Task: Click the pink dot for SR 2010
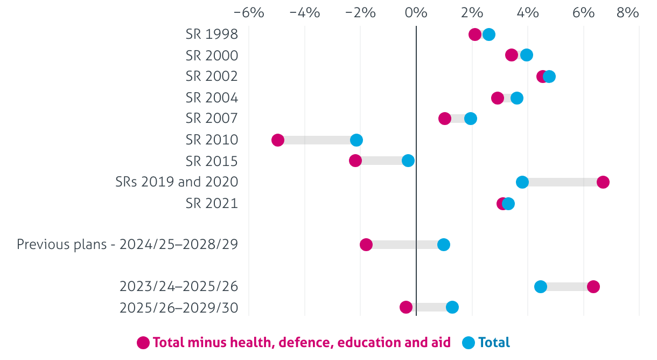[x=278, y=140]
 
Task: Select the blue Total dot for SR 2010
[x=357, y=140]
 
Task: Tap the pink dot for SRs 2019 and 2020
[x=603, y=182]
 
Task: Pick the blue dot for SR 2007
[x=471, y=119]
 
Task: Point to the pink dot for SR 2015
[x=355, y=161]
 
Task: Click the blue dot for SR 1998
[x=489, y=35]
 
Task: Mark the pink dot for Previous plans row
[x=366, y=245]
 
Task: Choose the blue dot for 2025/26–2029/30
[x=452, y=307]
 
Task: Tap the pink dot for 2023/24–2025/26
[x=593, y=287]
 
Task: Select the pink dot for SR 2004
[x=498, y=98]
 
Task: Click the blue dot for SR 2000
[x=527, y=55]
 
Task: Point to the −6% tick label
[x=249, y=12]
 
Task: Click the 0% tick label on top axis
[x=416, y=12]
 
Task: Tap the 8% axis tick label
[x=628, y=12]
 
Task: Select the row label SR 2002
[x=212, y=77]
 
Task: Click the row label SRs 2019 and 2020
[x=177, y=182]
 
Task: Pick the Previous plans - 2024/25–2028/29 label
[x=127, y=245]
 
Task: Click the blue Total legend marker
[x=469, y=342]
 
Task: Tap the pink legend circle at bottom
[x=143, y=342]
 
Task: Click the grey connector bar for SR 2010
[x=317, y=140]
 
